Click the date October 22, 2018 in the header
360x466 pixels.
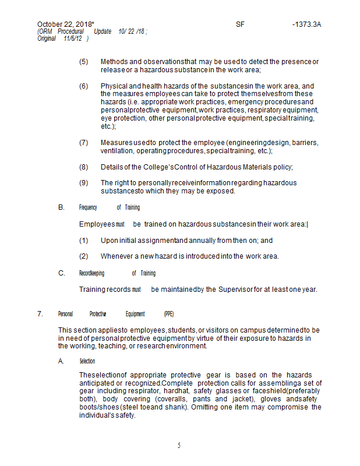coord(65,24)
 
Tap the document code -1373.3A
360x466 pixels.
coord(307,24)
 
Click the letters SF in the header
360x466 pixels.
coord(241,24)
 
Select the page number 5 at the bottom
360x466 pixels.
coord(179,446)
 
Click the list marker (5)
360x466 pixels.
coord(84,62)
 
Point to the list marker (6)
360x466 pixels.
coord(84,86)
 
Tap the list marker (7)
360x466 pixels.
coord(84,143)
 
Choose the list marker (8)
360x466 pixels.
coord(84,167)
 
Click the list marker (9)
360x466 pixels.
coord(84,183)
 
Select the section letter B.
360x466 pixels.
coord(61,207)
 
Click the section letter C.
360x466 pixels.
coord(61,273)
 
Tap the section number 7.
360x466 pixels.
coord(40,314)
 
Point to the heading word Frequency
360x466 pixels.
coord(88,207)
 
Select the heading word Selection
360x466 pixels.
coord(87,361)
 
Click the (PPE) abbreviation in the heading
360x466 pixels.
coord(169,314)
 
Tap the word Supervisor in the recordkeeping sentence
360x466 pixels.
coord(235,290)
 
